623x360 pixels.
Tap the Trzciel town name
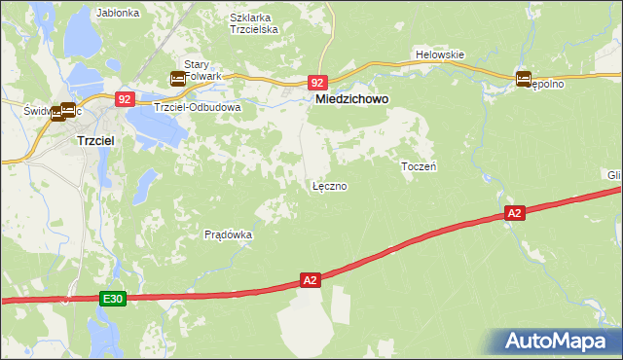coord(97,140)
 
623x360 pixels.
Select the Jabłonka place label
coord(119,14)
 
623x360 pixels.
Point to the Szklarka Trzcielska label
coord(254,23)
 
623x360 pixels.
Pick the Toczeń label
coord(419,166)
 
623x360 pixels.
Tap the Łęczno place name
coord(329,185)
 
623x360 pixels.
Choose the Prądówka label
coord(229,234)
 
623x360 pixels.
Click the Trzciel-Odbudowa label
coord(200,106)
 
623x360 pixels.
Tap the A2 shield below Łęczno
coord(310,280)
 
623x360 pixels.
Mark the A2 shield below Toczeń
coord(515,212)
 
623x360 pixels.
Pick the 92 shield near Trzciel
coord(125,98)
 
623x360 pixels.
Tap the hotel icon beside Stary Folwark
coord(178,79)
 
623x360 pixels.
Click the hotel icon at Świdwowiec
coord(67,111)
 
